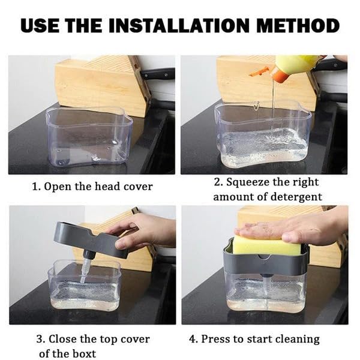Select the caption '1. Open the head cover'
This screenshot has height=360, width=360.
[92, 187]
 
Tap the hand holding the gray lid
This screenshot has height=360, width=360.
[144, 231]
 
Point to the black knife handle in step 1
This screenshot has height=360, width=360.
[158, 74]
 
